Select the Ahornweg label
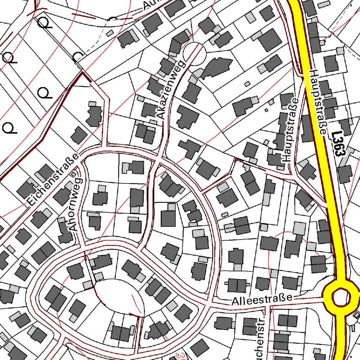pos(75,204)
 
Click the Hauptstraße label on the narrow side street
pos(288,131)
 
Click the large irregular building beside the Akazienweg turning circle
pos(217,67)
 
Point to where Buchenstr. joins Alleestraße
pos(268,305)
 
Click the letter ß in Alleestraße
pos(279,298)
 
